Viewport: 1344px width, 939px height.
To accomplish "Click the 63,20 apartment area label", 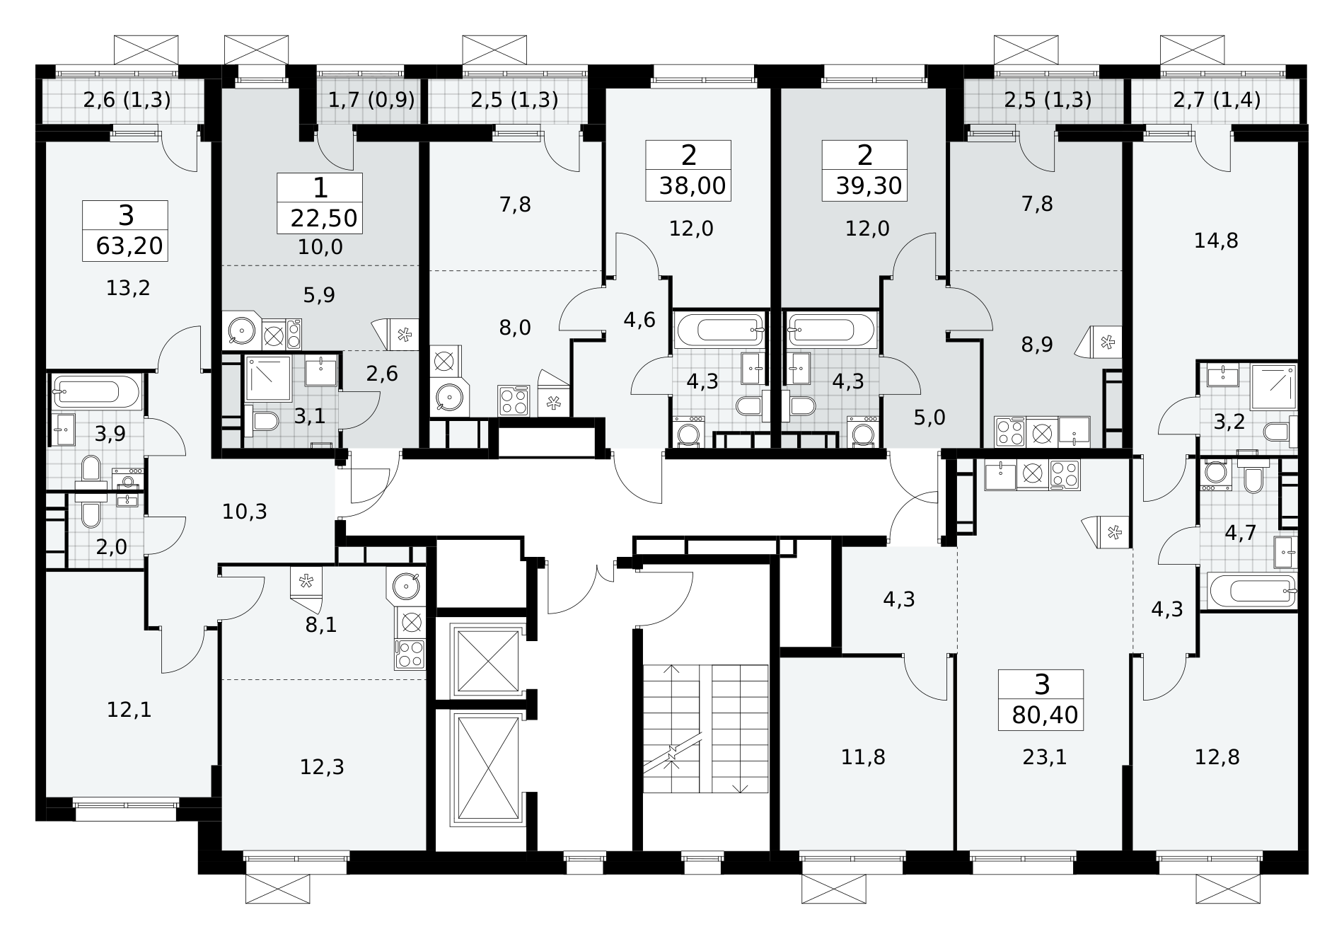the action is click(x=129, y=246).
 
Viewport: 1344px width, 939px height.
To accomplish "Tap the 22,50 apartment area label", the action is click(x=324, y=218).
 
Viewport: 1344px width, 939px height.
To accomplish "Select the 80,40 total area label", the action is click(x=1045, y=715).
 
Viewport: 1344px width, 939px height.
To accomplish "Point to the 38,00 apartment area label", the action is click(x=692, y=185).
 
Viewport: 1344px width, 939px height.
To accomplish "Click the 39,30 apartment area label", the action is click(x=868, y=185).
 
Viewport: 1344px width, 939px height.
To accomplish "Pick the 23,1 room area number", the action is click(x=1044, y=758).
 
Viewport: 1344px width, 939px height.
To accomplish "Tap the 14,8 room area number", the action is click(x=1216, y=241).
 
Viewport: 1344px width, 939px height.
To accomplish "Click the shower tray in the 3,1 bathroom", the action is click(x=268, y=379).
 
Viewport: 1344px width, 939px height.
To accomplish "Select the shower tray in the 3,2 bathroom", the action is click(x=1273, y=387).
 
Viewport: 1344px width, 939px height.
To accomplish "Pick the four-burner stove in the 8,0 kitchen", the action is click(x=514, y=401).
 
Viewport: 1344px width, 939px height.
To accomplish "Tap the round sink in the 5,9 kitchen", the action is click(x=242, y=331).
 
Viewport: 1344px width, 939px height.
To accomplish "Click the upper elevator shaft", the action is click(x=488, y=661).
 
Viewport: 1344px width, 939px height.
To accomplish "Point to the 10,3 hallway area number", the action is click(x=245, y=511).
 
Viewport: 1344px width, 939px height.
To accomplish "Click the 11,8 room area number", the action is click(x=863, y=758).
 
